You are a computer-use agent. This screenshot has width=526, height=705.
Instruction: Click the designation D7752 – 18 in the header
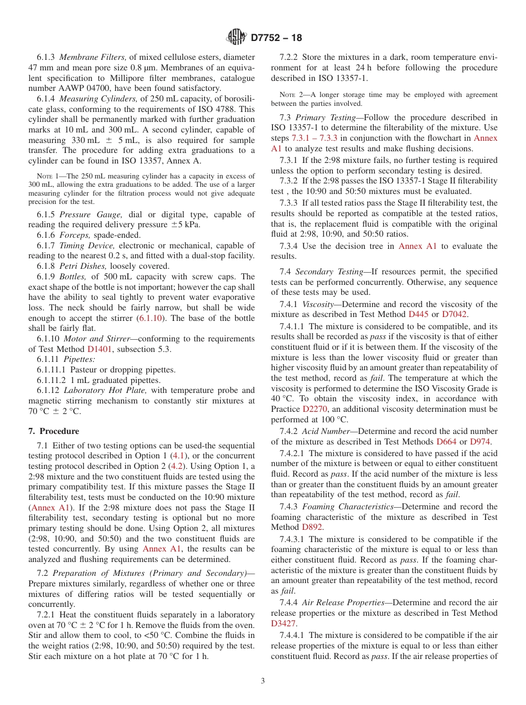276,38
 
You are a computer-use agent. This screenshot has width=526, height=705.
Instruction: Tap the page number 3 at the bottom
262,681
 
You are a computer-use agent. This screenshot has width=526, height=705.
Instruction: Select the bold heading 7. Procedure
54,431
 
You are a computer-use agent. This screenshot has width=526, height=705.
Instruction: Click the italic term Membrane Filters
93,57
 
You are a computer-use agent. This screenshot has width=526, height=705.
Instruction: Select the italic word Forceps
75,235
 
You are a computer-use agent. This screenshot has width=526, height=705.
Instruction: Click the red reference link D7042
455,314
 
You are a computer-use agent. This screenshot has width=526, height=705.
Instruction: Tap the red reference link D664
447,441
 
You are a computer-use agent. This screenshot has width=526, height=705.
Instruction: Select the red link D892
313,527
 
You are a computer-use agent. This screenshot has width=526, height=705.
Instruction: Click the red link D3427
284,623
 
